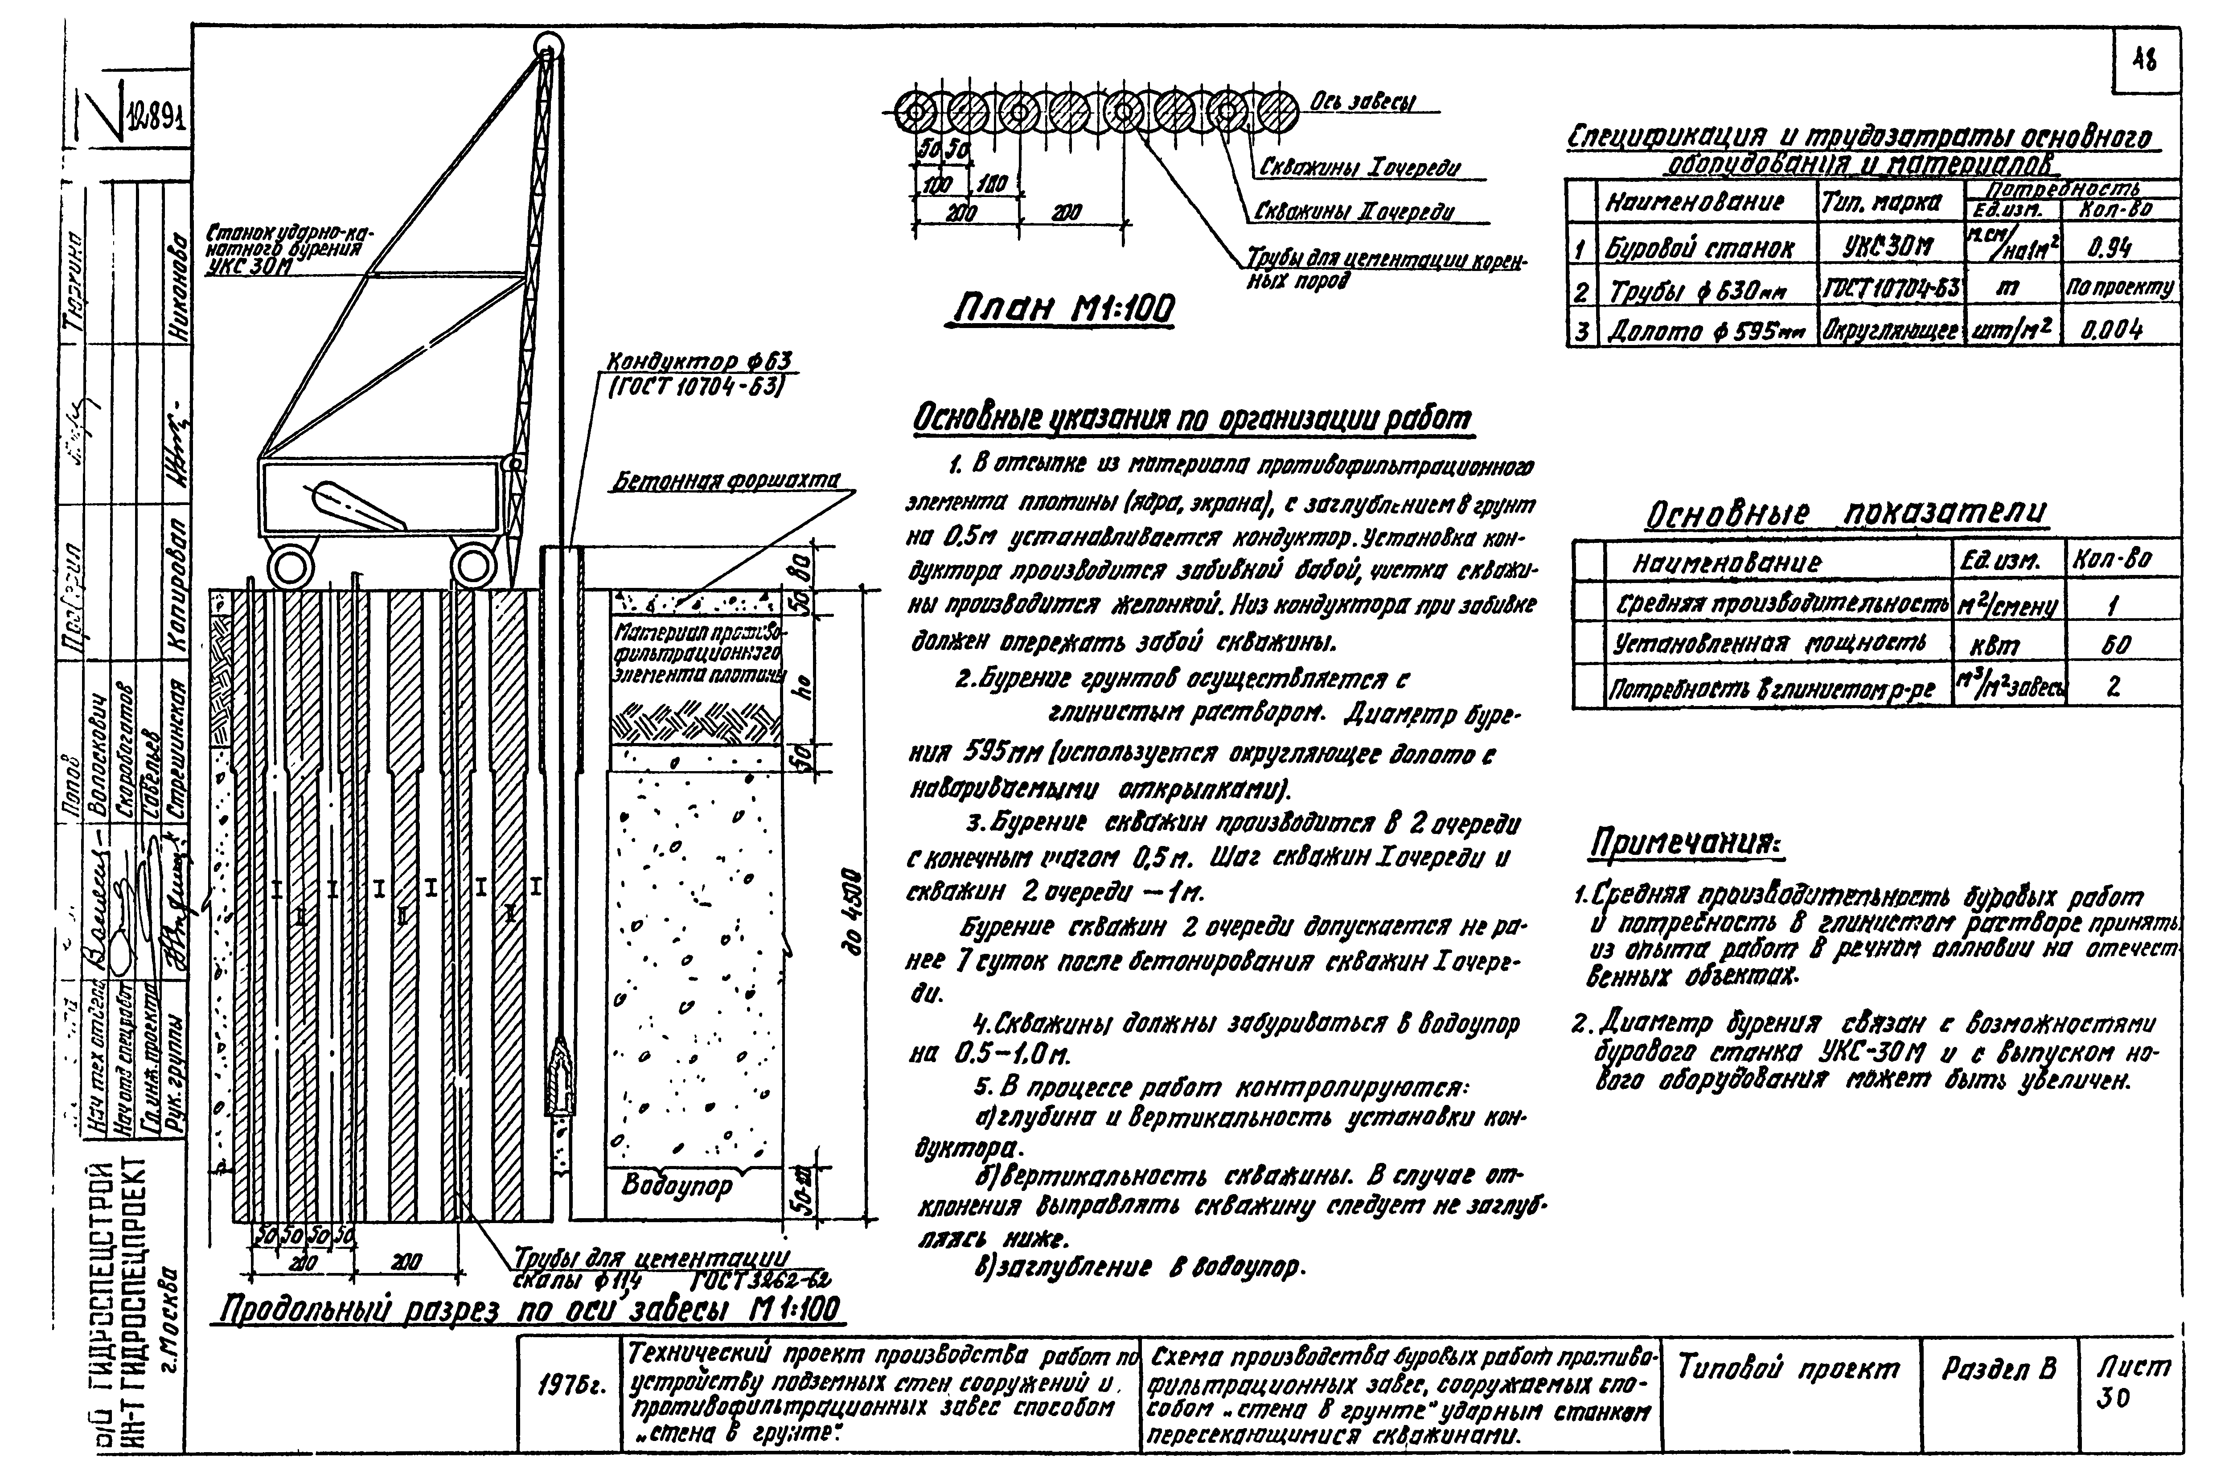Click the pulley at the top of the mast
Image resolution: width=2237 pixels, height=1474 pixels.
point(546,44)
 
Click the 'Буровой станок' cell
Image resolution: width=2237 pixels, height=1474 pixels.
point(1699,248)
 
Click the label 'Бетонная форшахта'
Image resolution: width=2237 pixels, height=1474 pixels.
point(726,481)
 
